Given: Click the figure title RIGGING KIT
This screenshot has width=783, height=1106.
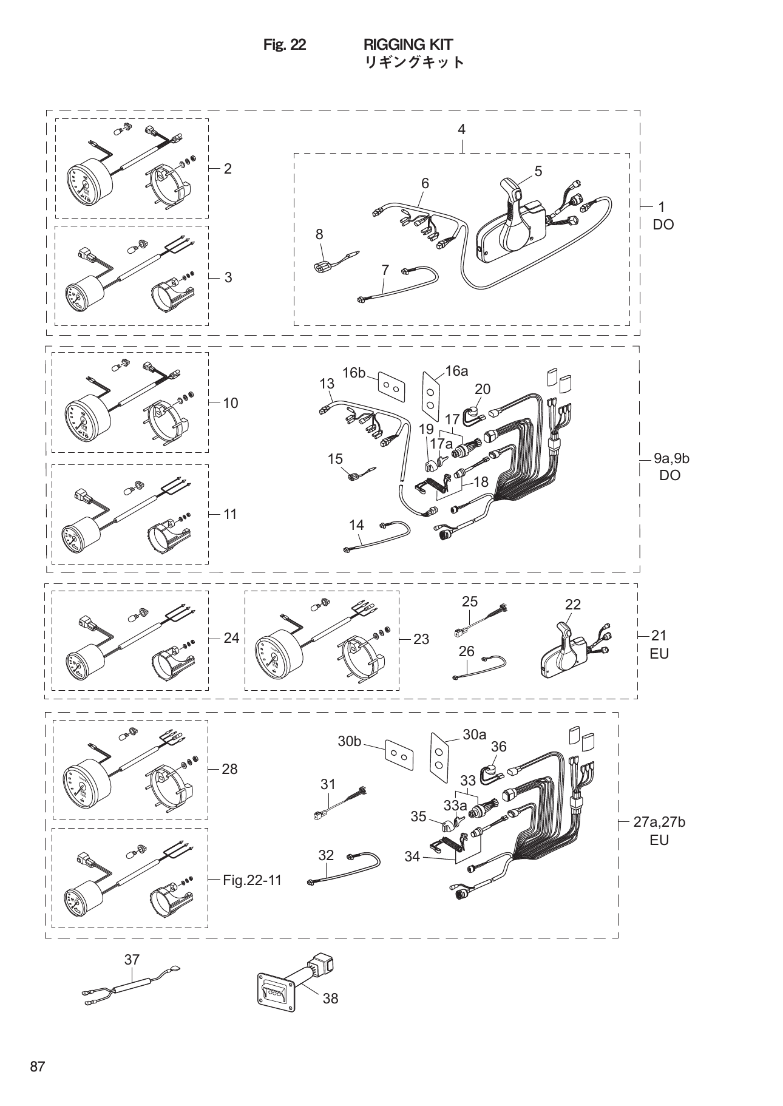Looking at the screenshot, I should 408,44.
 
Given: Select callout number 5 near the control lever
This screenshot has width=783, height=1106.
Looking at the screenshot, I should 538,171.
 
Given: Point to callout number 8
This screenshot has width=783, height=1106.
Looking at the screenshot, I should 319,234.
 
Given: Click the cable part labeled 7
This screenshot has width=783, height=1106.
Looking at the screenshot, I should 398,285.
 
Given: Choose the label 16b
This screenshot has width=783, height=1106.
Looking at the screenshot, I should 353,373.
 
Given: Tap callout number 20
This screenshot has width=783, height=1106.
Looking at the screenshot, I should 483,388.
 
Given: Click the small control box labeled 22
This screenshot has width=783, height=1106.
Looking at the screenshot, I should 564,653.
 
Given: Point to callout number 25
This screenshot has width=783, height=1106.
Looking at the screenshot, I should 470,601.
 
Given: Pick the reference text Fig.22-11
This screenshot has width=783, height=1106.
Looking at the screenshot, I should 252,880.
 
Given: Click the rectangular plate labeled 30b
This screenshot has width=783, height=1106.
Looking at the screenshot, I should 399,755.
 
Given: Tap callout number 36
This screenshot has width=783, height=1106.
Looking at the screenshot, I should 498,746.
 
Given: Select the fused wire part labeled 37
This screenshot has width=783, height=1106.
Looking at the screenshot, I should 130,990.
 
